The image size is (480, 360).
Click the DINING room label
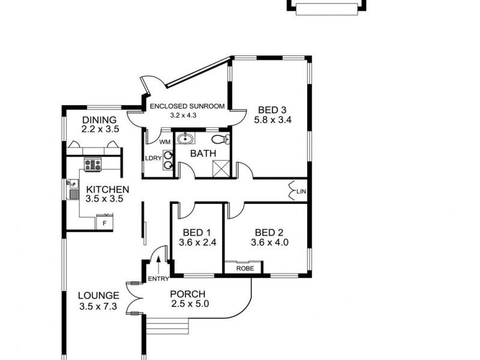click(99, 119)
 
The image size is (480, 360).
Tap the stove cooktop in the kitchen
click(92, 164)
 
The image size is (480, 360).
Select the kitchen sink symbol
click(73, 188)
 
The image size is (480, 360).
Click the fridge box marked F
click(104, 223)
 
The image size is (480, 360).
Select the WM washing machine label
click(165, 142)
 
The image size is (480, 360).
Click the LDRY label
click(152, 158)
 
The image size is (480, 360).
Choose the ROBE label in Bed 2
click(244, 269)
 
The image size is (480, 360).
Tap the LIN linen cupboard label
click(301, 191)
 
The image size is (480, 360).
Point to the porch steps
click(167, 328)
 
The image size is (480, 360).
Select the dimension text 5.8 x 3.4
click(272, 120)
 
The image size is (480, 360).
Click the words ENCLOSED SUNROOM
click(187, 106)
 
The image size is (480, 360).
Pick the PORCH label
click(188, 294)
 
